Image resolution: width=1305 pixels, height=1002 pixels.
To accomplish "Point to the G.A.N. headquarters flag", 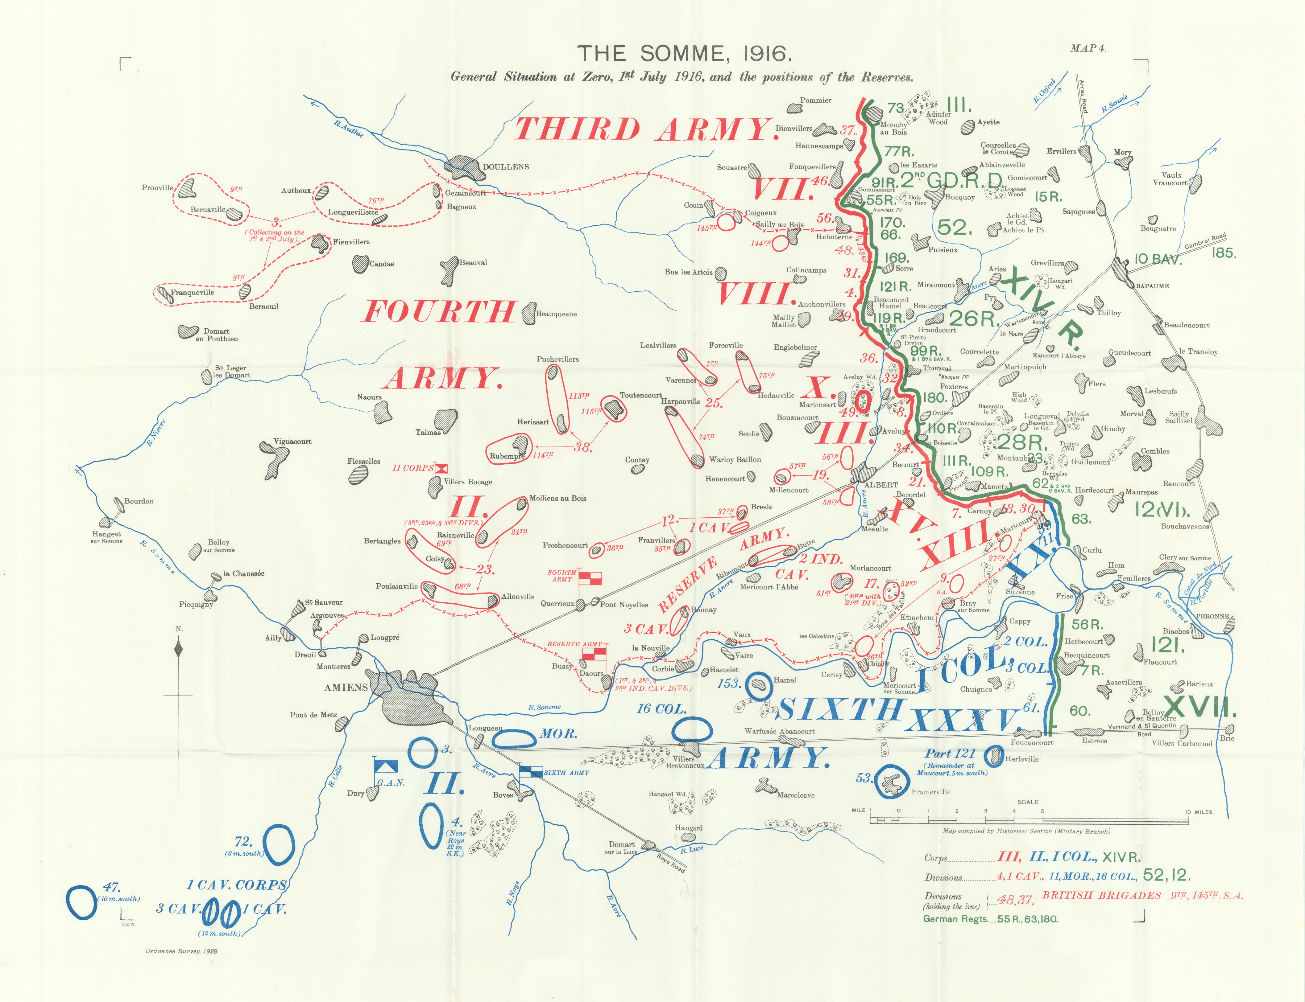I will (x=385, y=766).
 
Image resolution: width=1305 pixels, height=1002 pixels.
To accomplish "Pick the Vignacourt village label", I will (x=292, y=441).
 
